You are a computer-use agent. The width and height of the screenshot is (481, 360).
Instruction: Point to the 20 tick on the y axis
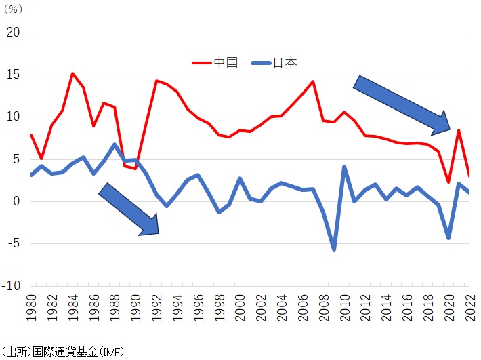click(14, 33)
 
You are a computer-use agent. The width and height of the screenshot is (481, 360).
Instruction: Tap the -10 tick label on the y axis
click(12, 285)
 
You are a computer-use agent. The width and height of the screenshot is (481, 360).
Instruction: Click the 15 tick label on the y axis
click(14, 75)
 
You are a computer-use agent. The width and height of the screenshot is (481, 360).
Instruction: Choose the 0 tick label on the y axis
click(18, 201)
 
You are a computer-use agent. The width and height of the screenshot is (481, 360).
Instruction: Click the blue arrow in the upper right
click(402, 104)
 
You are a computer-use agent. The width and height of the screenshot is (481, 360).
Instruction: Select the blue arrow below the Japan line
click(129, 209)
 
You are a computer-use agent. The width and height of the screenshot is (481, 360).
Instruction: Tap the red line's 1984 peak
click(72, 73)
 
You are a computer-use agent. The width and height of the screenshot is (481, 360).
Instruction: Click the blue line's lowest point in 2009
click(334, 249)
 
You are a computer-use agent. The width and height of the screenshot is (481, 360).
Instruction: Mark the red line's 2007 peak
click(314, 81)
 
